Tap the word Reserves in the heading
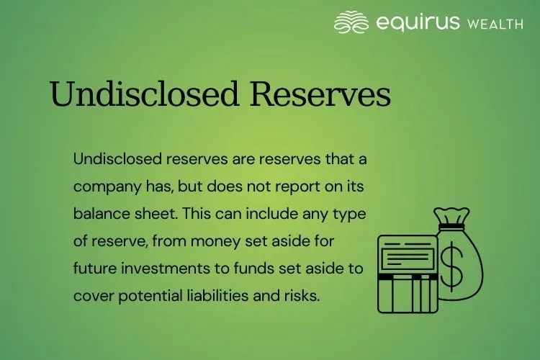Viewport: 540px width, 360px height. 318,94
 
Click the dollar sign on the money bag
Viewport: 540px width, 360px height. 453,266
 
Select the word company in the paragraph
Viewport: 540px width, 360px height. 104,186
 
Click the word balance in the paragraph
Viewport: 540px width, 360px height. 100,213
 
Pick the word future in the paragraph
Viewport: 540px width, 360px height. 95,268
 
